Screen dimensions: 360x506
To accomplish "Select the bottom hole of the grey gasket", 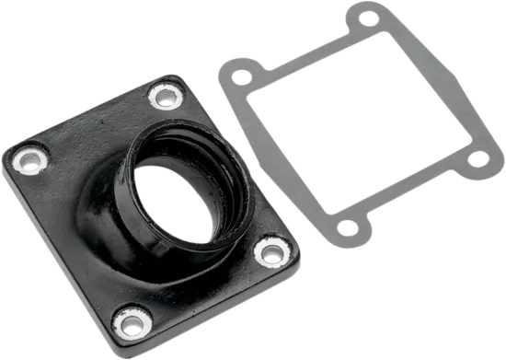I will (348, 226).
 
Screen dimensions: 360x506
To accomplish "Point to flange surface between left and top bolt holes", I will (92, 124).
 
